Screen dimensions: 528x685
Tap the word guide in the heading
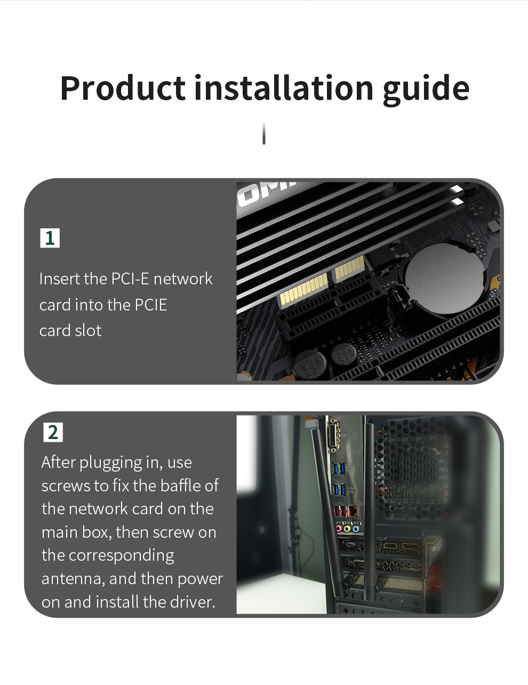coord(426,90)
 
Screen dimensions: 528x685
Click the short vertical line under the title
coord(264,133)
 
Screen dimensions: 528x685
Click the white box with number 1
coord(50,238)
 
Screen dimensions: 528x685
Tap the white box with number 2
coord(53,432)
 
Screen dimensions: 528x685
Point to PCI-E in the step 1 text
coord(130,278)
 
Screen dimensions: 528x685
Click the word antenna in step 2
coord(73,579)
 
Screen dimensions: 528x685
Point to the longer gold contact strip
coord(303,291)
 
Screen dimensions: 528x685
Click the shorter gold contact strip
coord(349,268)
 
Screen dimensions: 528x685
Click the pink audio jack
coord(339,528)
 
